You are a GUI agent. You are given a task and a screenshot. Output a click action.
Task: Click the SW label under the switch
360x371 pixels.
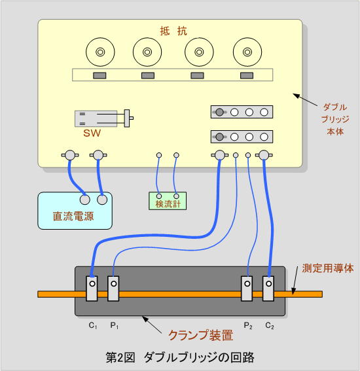92,133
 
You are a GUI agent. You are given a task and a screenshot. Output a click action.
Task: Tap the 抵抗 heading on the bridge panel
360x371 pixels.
173,31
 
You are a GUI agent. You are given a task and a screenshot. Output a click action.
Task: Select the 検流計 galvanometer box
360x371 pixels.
168,201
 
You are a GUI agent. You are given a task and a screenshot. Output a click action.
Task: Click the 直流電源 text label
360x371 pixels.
73,217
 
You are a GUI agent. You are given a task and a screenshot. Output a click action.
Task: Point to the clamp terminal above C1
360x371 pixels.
92,289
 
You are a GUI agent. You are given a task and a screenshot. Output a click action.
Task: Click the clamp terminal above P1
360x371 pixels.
113,289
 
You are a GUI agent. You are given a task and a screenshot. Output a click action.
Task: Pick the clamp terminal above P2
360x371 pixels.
247,289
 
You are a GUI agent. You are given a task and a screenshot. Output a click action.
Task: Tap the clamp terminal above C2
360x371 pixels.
268,289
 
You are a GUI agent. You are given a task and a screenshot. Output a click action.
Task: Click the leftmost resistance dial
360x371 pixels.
100,52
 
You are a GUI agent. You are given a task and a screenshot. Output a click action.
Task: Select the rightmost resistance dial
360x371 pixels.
247,52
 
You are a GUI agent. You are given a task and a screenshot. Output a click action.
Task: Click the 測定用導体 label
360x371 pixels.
328,268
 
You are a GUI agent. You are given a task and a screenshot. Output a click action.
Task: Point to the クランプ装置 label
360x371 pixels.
201,335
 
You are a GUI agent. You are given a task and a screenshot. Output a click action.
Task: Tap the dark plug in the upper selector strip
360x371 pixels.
219,112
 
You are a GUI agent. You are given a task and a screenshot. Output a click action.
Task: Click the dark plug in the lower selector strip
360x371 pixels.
219,137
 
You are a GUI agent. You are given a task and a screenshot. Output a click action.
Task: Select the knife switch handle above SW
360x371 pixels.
127,118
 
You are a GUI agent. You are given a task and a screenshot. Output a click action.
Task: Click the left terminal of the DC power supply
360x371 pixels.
84,200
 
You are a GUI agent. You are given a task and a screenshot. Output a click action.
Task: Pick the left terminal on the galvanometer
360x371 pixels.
159,196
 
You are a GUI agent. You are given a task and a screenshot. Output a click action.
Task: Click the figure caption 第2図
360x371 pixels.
120,357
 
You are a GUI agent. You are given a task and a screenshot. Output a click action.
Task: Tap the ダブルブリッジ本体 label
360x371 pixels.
335,119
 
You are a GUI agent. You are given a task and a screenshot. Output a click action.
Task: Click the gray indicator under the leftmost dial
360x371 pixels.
99,75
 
